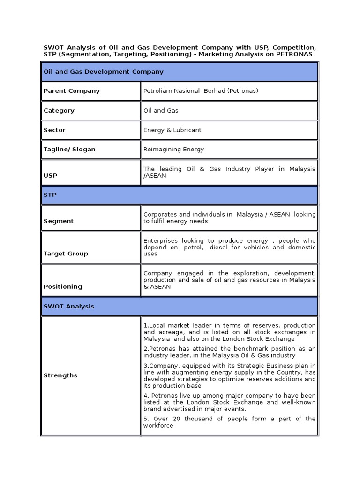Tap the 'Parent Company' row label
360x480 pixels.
pos(71,91)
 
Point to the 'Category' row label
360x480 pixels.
pos(59,111)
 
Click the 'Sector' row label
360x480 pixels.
pos(54,130)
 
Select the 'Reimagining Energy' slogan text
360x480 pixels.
pos(173,149)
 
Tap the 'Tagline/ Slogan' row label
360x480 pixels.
pos(69,149)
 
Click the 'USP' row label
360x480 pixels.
pos(50,175)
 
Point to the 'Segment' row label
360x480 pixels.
pos(58,221)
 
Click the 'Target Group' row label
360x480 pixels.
pos(66,254)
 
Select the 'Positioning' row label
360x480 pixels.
pos(62,286)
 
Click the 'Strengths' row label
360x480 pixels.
pos(60,375)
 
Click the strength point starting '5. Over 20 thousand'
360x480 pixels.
pos(229,422)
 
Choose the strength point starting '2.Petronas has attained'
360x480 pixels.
pos(229,352)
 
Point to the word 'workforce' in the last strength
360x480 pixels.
pos(158,425)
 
